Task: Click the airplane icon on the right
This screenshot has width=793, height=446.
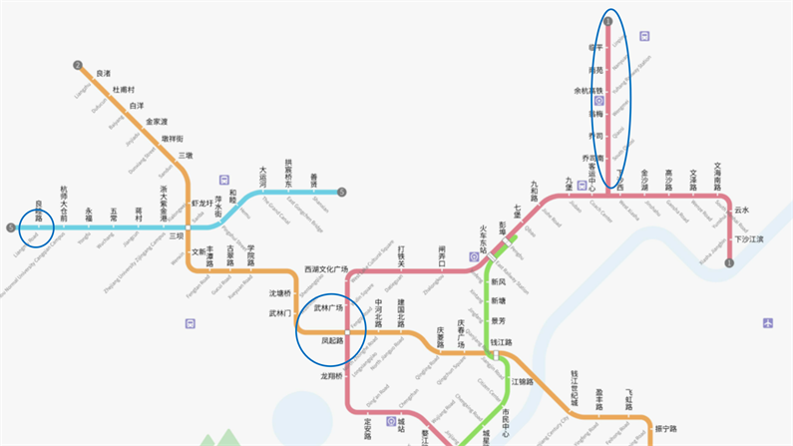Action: [768, 322]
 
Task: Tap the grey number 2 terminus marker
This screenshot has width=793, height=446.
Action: [78, 66]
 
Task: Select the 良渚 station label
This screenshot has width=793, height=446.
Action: [103, 73]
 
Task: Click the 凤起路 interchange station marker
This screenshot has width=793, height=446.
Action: [346, 331]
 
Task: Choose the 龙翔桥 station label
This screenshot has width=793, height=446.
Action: [331, 376]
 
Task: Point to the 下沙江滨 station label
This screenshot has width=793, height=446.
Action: [748, 239]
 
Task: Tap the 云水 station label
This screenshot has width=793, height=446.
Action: [741, 210]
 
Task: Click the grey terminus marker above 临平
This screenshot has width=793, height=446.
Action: [608, 21]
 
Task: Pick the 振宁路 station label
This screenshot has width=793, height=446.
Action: [665, 430]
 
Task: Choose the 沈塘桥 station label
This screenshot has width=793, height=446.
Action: [280, 293]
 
